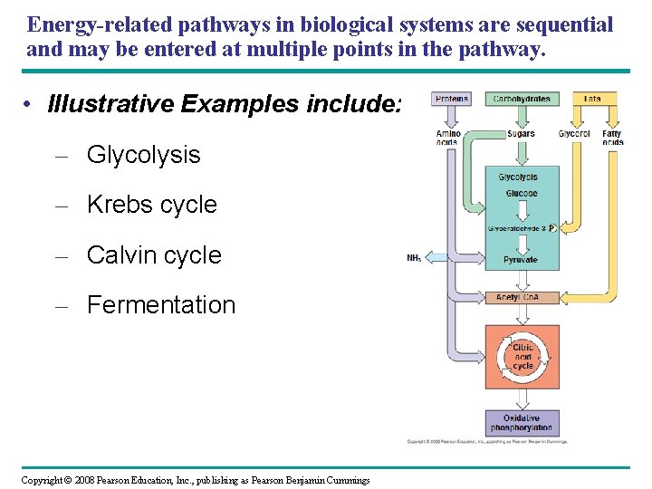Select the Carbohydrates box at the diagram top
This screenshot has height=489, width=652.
[522, 99]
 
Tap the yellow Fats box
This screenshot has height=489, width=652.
[592, 99]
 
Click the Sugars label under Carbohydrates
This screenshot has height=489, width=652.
[521, 134]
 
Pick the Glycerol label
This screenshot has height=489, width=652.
[574, 134]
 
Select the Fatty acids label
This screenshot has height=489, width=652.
[612, 138]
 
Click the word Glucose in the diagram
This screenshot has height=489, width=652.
[522, 194]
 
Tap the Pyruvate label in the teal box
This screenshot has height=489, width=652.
[521, 260]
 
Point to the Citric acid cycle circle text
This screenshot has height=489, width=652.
[523, 357]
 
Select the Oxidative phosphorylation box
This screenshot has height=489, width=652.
[522, 423]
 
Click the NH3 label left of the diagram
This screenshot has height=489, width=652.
[414, 258]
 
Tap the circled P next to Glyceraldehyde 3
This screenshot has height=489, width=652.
[551, 229]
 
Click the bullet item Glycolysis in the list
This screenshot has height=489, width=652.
[143, 155]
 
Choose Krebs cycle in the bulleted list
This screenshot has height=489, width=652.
[151, 205]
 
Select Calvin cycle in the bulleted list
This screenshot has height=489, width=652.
[153, 255]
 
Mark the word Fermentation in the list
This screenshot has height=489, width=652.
[160, 305]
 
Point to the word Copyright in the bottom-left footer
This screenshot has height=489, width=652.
[41, 480]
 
